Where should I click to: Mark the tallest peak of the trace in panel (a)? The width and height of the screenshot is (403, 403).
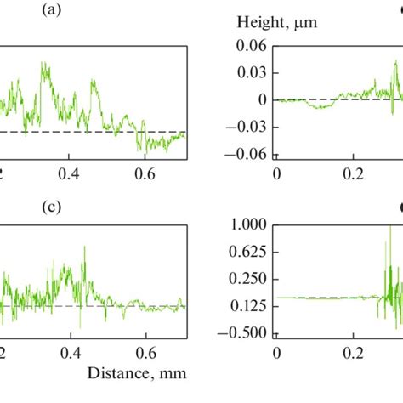tap(42, 62)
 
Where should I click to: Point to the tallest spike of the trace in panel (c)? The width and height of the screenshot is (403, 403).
tap(84, 247)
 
